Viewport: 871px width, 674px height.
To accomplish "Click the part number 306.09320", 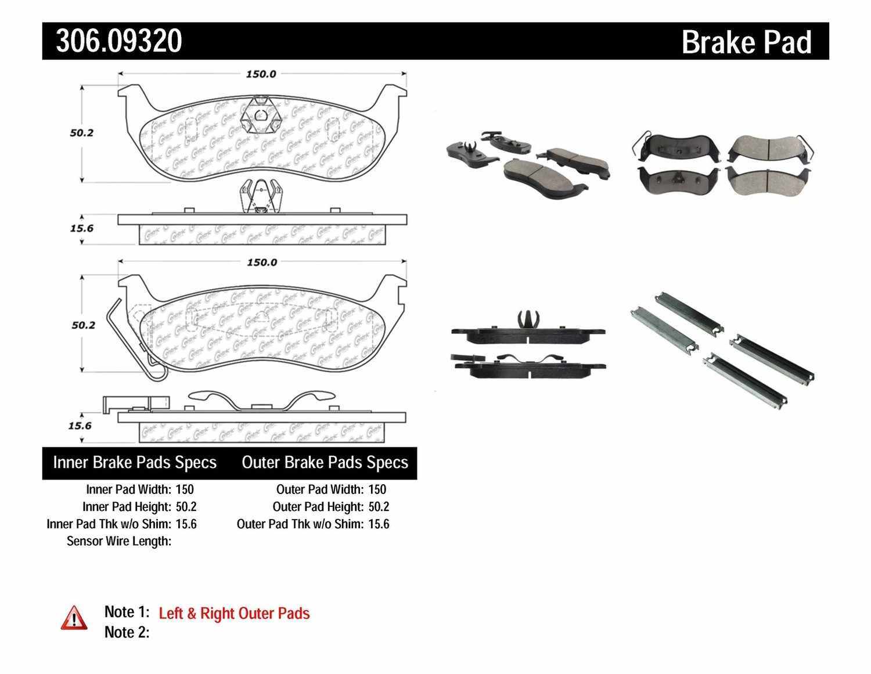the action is tap(119, 41).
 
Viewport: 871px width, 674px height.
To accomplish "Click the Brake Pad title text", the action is tap(746, 42).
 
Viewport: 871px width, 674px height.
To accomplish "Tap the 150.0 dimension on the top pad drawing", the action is tap(261, 74).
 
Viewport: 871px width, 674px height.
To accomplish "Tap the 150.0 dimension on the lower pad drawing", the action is tap(262, 262).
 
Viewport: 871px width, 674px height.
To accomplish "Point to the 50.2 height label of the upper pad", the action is tap(82, 133).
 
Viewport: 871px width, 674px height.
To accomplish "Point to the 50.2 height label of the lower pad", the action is tap(83, 325).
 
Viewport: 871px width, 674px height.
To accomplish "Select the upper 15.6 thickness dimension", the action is tap(82, 228).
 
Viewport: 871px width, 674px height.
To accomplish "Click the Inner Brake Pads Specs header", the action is tap(135, 463).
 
